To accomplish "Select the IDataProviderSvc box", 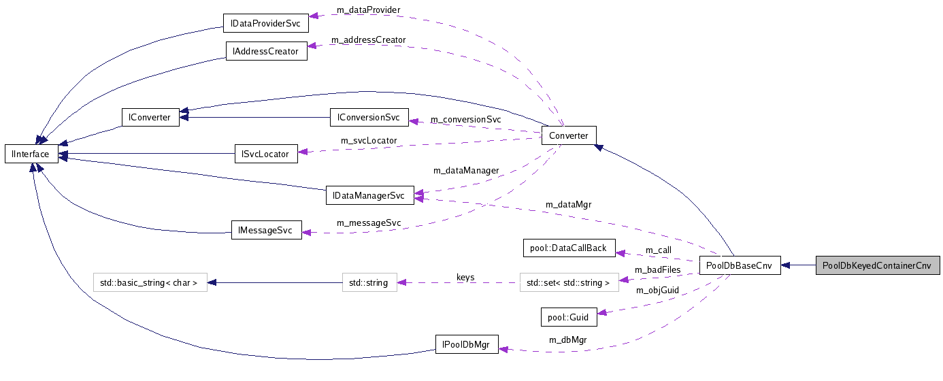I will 266,24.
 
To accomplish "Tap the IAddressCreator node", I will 266,51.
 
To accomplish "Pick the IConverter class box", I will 150,117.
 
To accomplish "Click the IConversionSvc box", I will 369,117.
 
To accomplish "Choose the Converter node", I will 569,135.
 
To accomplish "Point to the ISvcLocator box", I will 266,154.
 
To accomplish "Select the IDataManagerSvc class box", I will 369,196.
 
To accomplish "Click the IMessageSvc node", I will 266,231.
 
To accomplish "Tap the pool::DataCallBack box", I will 569,248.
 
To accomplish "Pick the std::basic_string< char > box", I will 150,282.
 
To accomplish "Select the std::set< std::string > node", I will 569,282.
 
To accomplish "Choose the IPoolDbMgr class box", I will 467,344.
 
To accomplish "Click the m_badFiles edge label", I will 657,270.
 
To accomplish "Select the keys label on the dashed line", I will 465,278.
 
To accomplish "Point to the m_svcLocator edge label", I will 369,141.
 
